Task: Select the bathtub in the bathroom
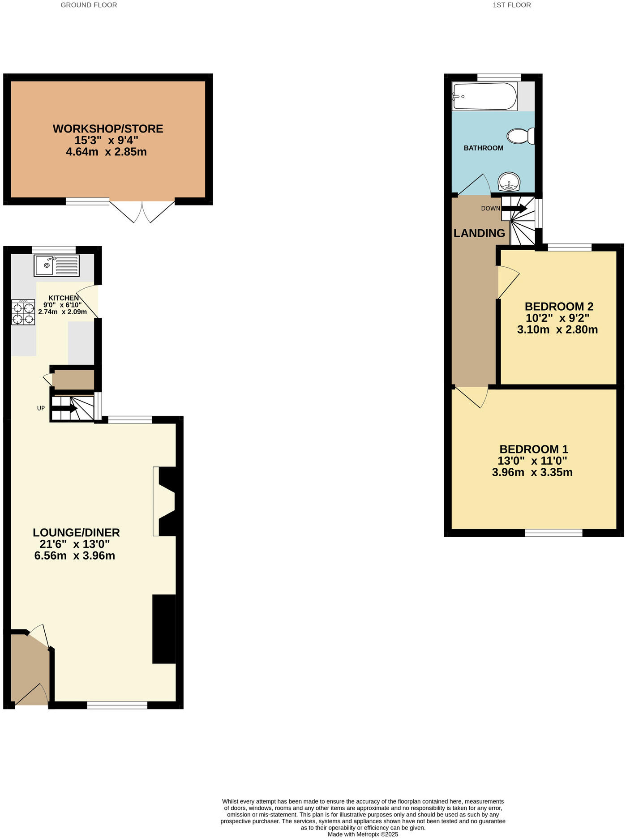(485, 96)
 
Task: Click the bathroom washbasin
(510, 182)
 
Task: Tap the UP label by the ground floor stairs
(41, 408)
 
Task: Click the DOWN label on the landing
(490, 209)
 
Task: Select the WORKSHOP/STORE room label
(108, 129)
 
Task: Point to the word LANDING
(479, 233)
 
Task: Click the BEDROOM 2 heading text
(559, 307)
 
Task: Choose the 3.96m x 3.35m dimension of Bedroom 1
(532, 472)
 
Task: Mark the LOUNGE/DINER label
(76, 533)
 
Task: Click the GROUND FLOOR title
(89, 5)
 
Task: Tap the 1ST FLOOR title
(511, 5)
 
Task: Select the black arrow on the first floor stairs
(515, 209)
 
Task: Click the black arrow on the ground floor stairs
(65, 408)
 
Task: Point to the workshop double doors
(142, 211)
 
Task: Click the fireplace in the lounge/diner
(165, 501)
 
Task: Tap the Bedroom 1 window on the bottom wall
(553, 533)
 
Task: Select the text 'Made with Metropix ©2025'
(363, 834)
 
